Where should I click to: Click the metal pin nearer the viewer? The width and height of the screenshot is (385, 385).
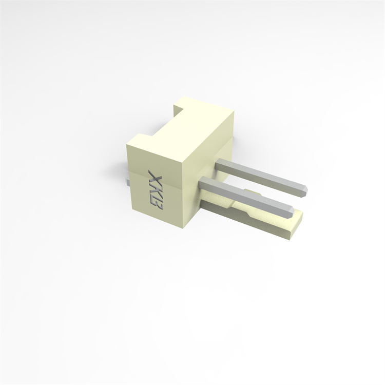coord(246,195)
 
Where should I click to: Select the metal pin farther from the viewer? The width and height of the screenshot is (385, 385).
coord(262,175)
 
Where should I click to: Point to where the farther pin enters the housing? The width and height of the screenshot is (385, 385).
coord(219,163)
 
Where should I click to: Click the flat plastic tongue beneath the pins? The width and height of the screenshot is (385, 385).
coord(267,221)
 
